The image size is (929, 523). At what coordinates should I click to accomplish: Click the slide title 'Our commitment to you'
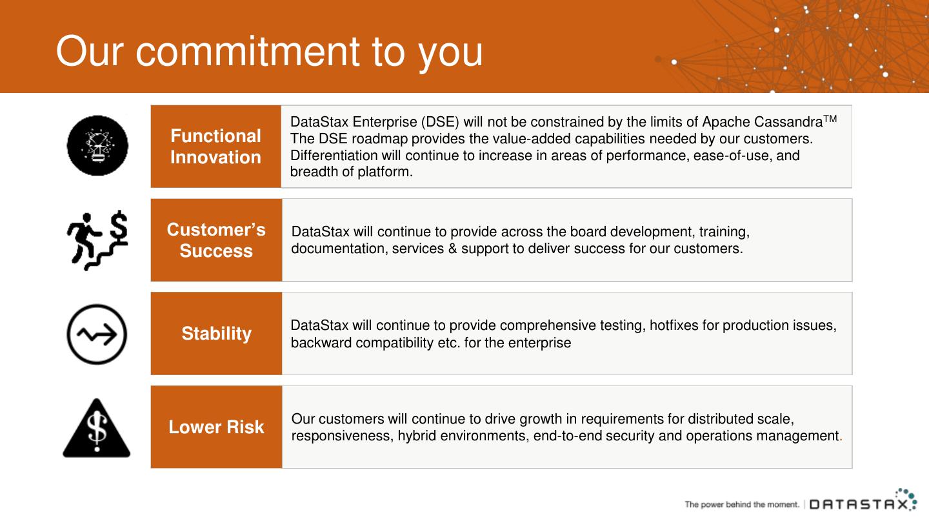[269, 51]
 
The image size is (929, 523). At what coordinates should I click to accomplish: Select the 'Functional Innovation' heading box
[215, 147]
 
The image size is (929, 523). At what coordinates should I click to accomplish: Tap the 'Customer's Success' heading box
[216, 240]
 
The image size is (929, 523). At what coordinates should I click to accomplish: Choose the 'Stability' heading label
[216, 334]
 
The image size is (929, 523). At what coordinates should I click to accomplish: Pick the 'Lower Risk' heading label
[216, 427]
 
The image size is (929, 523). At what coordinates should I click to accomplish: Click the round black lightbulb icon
[97, 146]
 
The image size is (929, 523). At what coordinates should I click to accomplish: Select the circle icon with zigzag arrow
[97, 334]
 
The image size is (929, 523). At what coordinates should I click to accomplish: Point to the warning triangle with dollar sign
[97, 428]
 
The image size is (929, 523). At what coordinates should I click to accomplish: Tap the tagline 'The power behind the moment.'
[741, 504]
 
